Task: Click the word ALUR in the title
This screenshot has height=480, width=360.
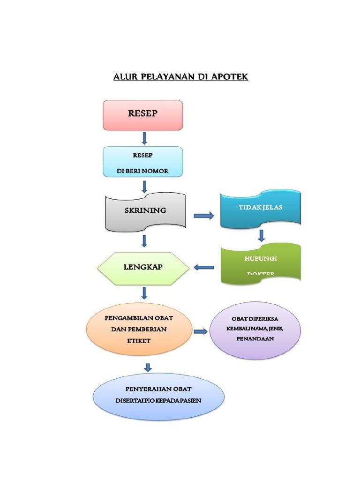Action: [124, 76]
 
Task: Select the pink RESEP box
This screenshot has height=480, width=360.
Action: [143, 115]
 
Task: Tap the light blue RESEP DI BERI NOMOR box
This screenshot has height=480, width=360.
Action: [143, 162]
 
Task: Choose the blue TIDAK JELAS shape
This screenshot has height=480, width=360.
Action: [260, 209]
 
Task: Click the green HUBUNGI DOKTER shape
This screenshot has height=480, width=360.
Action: [260, 263]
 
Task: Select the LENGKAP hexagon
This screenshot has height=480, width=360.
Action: [143, 268]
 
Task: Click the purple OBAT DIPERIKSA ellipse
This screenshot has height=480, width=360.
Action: [255, 330]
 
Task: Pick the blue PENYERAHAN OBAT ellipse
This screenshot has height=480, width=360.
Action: [158, 396]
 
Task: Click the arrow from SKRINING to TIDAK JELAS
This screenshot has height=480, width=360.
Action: [203, 216]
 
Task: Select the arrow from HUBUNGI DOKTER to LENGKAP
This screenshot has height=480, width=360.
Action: [204, 268]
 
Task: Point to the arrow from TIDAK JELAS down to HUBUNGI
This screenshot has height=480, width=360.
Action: [262, 235]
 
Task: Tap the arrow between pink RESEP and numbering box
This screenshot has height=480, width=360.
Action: [144, 138]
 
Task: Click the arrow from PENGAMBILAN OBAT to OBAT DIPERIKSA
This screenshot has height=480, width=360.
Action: [201, 331]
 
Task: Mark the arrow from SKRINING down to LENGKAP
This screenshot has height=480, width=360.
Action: [144, 241]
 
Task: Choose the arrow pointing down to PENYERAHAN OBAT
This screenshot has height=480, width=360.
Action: [148, 367]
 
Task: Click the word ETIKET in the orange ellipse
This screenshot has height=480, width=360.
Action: [139, 341]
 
